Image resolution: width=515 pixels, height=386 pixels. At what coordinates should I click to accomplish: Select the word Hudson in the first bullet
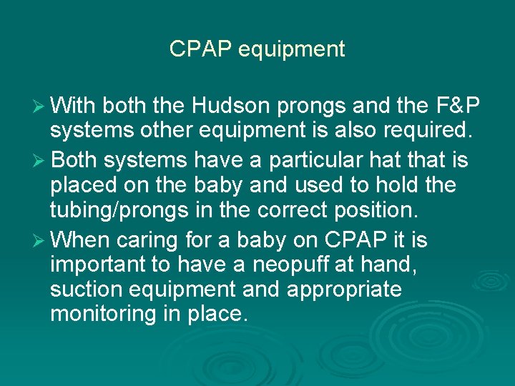(x=230, y=107)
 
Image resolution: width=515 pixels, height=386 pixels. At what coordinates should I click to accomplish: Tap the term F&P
(x=456, y=107)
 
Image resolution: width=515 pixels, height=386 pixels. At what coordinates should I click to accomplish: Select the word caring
(x=157, y=236)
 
